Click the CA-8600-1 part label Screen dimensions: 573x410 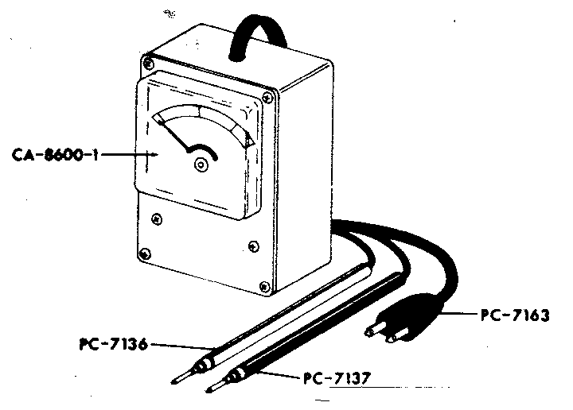click(x=56, y=155)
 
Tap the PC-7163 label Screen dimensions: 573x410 click(x=515, y=315)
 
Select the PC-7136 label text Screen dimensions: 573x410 click(x=114, y=344)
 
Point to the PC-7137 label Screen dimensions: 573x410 click(x=337, y=378)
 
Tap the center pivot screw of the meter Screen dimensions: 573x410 click(x=201, y=165)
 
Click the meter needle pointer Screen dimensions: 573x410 click(x=174, y=134)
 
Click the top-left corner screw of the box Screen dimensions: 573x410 click(x=148, y=63)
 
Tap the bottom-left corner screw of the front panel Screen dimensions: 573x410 click(x=146, y=253)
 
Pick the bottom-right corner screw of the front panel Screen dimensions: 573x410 click(x=264, y=287)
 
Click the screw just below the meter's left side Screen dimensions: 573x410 click(x=157, y=219)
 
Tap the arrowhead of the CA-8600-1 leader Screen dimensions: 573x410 click(x=154, y=155)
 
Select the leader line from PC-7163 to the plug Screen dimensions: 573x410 click(x=460, y=313)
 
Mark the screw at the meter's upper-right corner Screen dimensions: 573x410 click(x=268, y=98)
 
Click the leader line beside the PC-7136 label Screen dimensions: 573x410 click(x=181, y=346)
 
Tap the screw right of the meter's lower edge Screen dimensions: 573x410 click(x=254, y=246)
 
